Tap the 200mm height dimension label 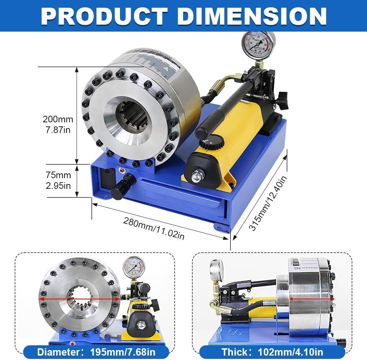coord(58,125)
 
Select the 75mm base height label coord(58,180)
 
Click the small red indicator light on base coord(121,170)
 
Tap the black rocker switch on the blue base coord(106,176)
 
